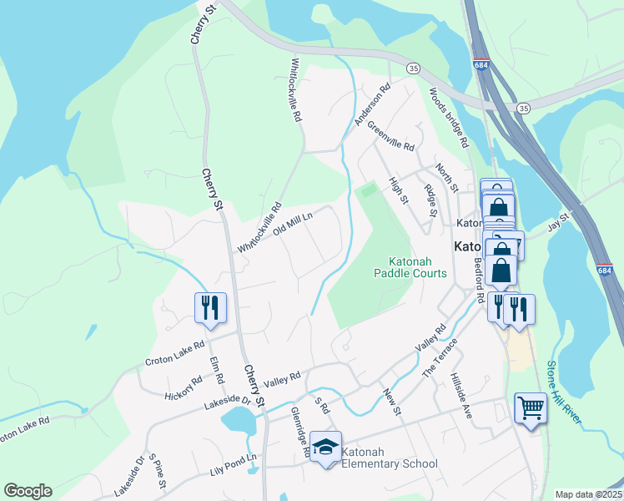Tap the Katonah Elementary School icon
tap(326, 447)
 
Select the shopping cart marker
tap(531, 409)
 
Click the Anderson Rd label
tap(372, 104)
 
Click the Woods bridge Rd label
tap(449, 116)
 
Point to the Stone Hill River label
tap(563, 392)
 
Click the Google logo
tap(28, 491)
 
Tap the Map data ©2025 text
tap(588, 494)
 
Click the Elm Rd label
tap(218, 371)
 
